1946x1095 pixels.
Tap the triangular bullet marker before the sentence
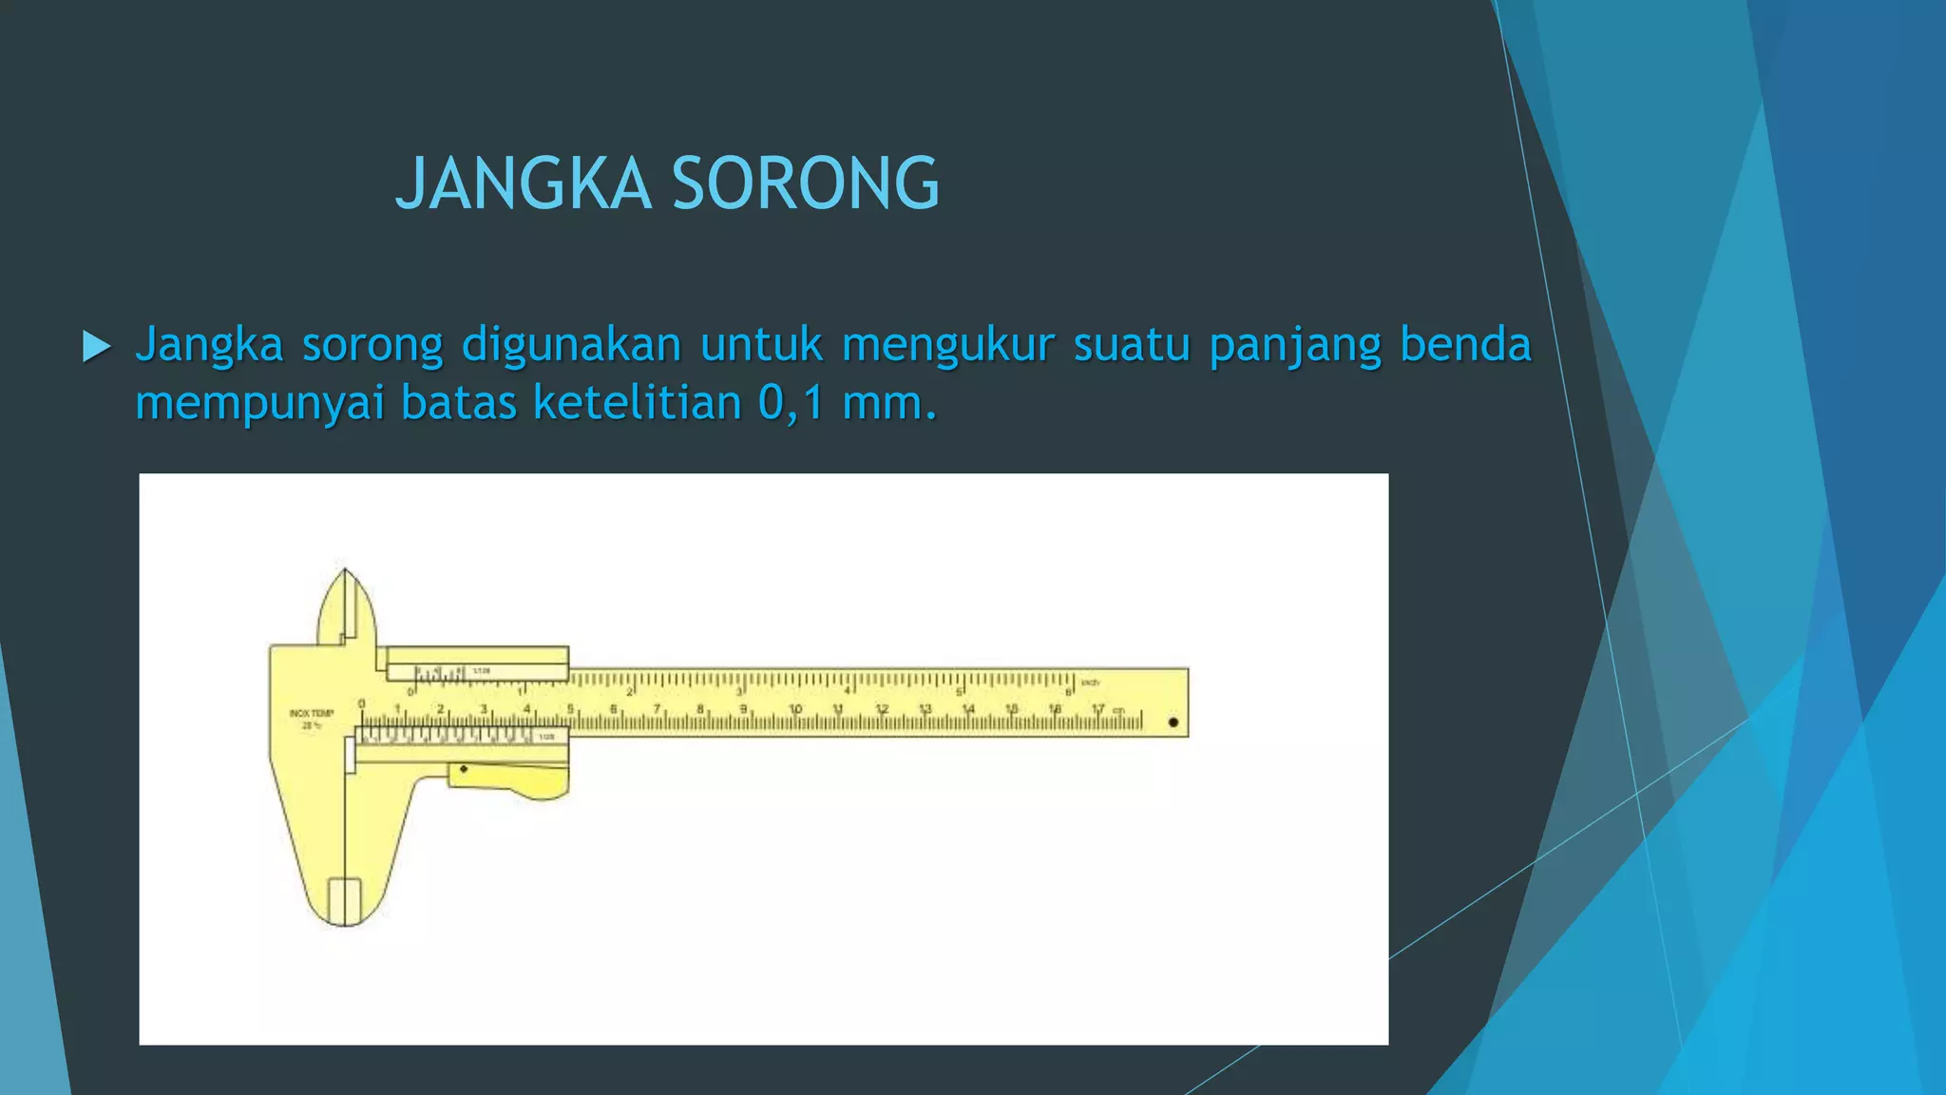[96, 346]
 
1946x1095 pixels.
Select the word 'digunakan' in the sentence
[571, 344]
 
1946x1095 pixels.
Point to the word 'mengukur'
[947, 344]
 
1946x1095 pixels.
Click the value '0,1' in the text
[791, 403]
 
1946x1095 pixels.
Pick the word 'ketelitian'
[637, 403]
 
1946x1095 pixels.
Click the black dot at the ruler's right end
[1173, 722]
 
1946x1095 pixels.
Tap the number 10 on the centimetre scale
[795, 709]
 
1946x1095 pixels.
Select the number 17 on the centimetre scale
[1097, 709]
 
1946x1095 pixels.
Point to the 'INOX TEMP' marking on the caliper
[312, 713]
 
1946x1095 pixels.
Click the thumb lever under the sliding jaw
[513, 779]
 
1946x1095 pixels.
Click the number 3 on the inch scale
[739, 692]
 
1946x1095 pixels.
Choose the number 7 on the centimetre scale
[657, 709]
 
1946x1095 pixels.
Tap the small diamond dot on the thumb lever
[464, 769]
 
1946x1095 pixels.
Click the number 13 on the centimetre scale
[925, 709]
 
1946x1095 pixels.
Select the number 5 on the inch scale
[959, 692]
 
